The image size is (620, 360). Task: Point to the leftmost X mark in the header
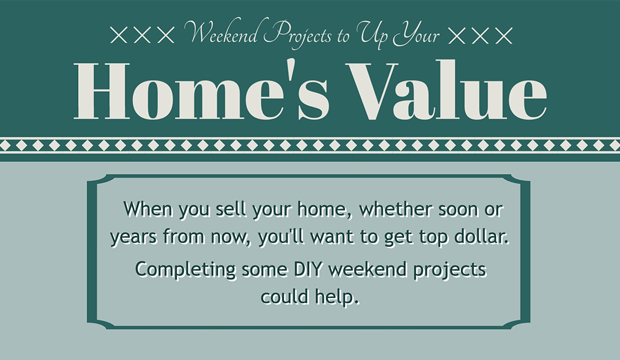(119, 36)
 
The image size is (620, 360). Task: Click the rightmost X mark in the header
(503, 36)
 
